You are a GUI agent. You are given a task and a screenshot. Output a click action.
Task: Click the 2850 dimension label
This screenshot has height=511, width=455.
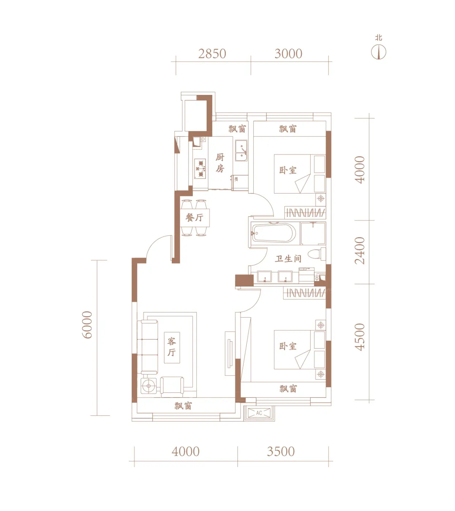[212, 54]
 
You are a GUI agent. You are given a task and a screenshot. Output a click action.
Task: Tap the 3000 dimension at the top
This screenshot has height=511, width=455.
[288, 54]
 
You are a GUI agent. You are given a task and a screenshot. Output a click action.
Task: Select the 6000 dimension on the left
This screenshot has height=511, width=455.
[87, 324]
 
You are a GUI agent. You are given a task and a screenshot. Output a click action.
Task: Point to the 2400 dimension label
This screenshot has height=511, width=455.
[360, 250]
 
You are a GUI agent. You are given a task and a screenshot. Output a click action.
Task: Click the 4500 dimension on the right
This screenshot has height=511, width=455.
[360, 337]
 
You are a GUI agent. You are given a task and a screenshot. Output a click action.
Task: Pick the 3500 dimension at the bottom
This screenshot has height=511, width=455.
[281, 452]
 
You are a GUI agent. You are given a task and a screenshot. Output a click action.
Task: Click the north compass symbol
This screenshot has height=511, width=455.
[379, 52]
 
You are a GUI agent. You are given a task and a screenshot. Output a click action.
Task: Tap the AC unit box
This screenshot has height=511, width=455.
[259, 413]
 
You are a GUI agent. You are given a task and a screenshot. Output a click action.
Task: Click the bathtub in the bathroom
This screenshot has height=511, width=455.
[274, 233]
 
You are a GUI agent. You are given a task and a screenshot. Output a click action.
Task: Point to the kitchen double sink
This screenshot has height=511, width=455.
[241, 151]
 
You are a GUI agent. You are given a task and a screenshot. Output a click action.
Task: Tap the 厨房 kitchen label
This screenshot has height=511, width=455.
[220, 163]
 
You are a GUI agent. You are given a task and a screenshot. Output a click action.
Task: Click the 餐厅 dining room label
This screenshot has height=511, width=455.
[194, 217]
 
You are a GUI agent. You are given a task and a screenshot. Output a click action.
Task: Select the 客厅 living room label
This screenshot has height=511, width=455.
[172, 347]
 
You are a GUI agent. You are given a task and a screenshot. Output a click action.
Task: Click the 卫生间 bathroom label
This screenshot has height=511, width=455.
[288, 259]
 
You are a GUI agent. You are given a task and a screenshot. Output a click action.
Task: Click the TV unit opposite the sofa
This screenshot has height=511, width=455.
[230, 353]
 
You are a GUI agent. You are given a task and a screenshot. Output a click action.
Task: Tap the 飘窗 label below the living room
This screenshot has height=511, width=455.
[183, 406]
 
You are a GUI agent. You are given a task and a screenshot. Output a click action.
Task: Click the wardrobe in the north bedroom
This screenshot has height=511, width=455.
[305, 212]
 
